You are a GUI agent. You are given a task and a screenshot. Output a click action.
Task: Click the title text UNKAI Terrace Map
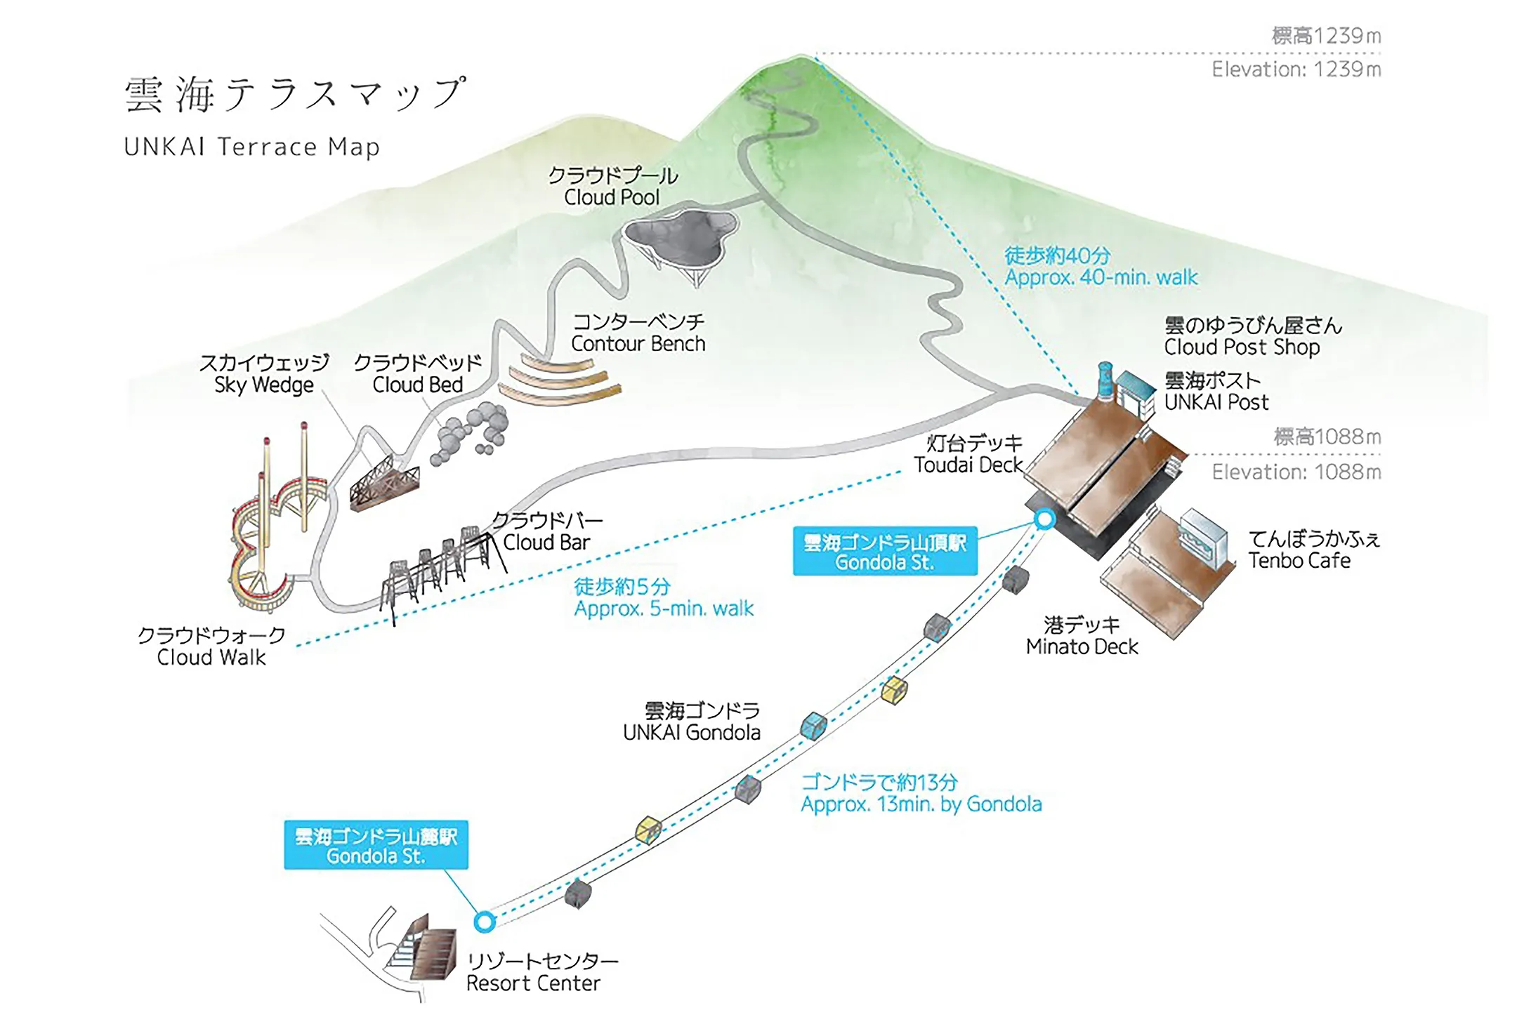coord(251,147)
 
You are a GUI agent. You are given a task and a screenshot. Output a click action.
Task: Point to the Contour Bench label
coord(638,333)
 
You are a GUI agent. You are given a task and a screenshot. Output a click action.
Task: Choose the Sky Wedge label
coord(264,373)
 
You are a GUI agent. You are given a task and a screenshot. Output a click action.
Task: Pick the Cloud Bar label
coord(547,531)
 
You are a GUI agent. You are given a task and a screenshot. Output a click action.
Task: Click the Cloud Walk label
coord(211,646)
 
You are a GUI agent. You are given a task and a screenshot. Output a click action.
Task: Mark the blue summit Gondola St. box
coord(885,551)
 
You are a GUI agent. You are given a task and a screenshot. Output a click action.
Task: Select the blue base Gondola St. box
coord(376,845)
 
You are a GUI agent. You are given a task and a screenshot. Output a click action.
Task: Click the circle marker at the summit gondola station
coord(1045,519)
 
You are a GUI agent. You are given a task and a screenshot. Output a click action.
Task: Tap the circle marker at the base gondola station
coord(484,922)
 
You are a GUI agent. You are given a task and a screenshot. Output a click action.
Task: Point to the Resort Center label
coord(542,971)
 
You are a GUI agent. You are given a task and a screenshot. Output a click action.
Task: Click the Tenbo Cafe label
coord(1314,550)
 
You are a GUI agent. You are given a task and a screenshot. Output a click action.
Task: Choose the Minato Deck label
coord(1082,635)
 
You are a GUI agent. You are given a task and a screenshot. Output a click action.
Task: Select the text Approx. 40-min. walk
coord(1101,277)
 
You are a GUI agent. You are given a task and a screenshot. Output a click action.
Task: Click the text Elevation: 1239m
coord(1296,69)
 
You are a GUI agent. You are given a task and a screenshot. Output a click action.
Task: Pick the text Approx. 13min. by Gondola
coord(921,804)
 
